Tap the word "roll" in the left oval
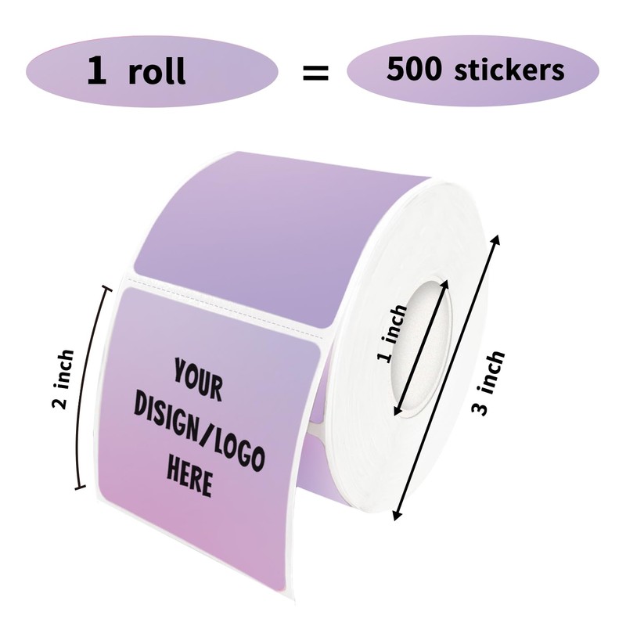pos(157,71)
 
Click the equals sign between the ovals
pos(315,73)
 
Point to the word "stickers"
pos(508,70)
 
